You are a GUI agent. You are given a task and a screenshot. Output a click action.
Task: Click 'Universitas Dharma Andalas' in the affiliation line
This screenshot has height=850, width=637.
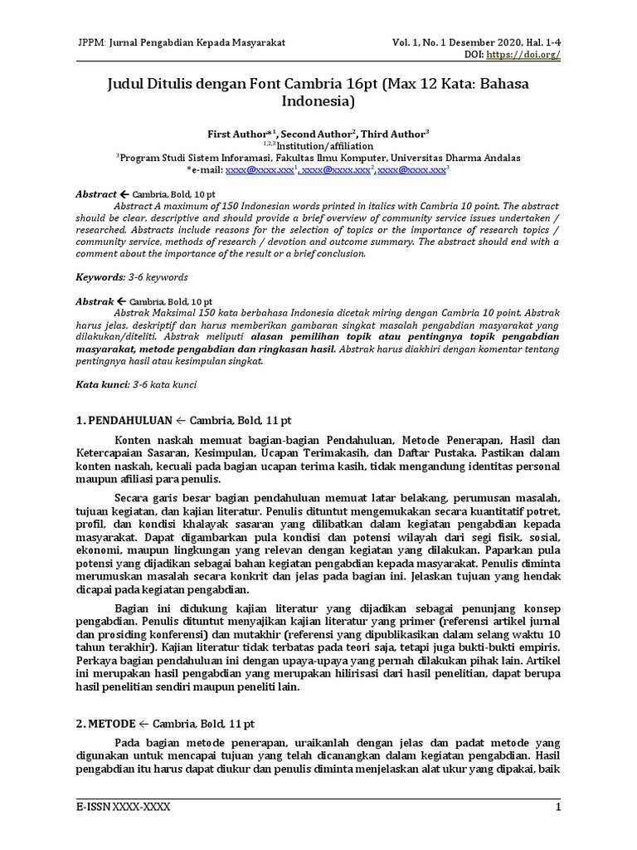click(453, 157)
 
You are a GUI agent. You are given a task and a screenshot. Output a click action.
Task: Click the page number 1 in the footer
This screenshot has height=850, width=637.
click(559, 808)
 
